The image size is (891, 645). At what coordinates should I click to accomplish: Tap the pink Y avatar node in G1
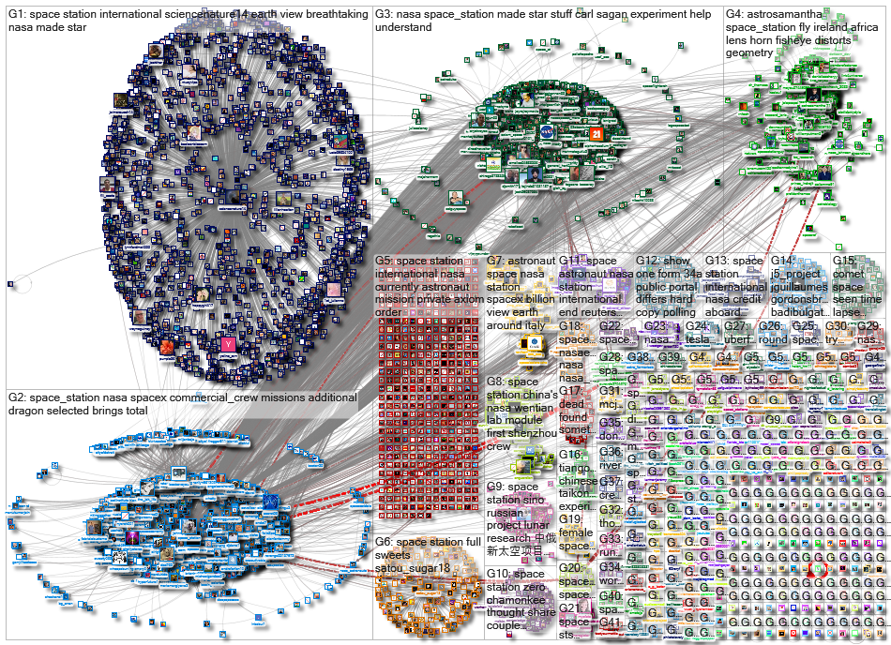coord(228,345)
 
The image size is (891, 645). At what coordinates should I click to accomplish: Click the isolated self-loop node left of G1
coord(11,283)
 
